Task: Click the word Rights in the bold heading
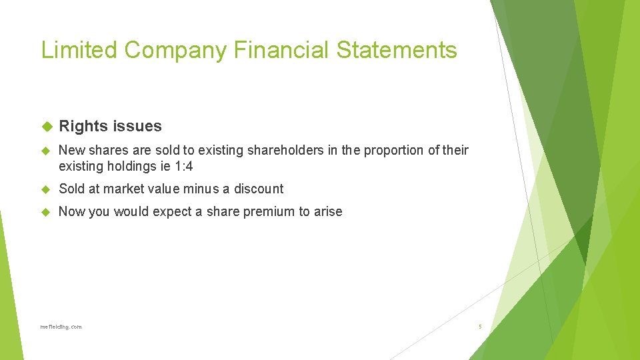click(84, 126)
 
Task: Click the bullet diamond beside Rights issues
click(47, 126)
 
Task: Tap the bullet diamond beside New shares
click(47, 151)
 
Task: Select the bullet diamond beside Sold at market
click(47, 189)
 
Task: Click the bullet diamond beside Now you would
click(47, 212)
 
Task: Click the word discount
click(259, 189)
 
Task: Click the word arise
click(327, 212)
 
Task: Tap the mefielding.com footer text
click(61, 327)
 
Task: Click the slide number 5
click(479, 327)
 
